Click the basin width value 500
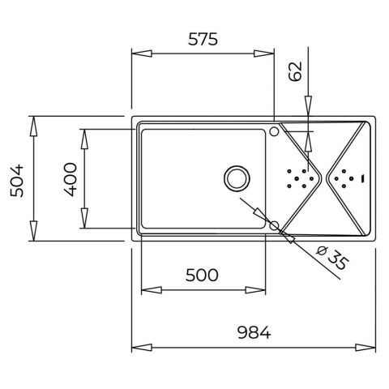coord(202,276)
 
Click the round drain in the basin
coord(237,177)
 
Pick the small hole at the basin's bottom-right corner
coord(274,224)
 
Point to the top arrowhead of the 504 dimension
coord(34,122)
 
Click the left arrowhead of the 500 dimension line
coord(147,289)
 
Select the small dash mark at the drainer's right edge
coord(364,177)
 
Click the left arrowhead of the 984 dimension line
coord(138,346)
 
